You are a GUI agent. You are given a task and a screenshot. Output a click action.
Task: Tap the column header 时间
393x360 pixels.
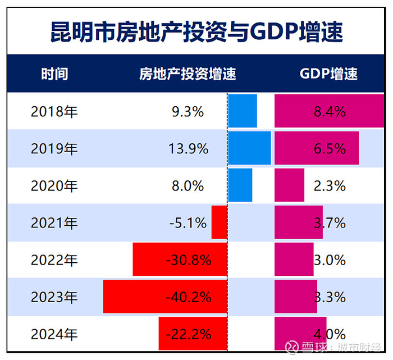pos(54,74)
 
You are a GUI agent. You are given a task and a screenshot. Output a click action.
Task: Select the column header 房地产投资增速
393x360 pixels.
pos(188,74)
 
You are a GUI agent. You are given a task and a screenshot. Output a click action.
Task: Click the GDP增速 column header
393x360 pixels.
pos(328,74)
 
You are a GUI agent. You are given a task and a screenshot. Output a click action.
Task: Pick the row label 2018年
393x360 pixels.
pos(54,112)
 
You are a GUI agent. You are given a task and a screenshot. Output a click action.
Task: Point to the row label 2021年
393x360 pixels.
pos(54,223)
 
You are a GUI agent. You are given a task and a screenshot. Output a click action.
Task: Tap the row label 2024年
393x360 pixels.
pos(54,334)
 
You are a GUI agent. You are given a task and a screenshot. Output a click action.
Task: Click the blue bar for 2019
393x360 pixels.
pos(249,148)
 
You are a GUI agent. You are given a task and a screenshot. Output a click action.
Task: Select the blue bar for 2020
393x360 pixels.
pos(240,185)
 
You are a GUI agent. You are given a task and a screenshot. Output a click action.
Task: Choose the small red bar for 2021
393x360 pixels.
pos(219,222)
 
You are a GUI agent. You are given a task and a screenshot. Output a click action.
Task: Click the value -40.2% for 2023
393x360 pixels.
pos(189,297)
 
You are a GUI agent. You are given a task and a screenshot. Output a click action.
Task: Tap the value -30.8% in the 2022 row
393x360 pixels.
pos(189,260)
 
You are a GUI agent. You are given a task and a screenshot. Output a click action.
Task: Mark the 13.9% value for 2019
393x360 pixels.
pos(188,149)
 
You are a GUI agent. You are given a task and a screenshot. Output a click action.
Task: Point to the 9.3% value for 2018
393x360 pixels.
pos(188,112)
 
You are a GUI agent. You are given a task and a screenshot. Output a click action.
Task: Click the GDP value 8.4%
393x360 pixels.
pos(330,112)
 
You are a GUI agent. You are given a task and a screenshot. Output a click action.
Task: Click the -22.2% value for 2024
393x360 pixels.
pos(189,334)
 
